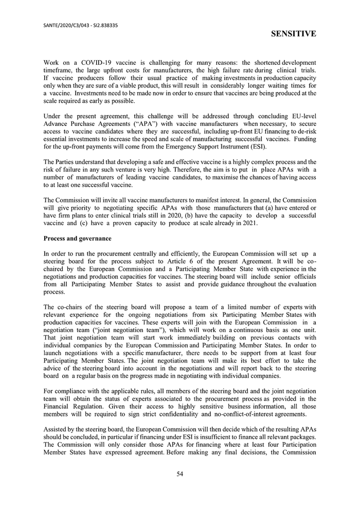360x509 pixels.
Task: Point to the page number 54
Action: point(180,474)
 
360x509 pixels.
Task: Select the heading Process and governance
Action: point(77,238)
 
